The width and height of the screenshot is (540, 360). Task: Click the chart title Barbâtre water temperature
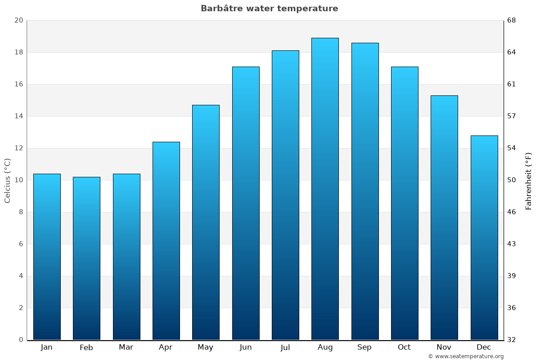[x=269, y=9]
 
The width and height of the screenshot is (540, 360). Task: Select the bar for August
[x=325, y=189]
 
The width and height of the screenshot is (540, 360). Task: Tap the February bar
[x=86, y=258]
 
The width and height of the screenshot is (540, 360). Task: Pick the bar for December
[x=484, y=238]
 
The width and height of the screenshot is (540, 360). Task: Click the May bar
[x=206, y=222]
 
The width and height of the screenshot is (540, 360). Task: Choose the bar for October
[x=405, y=203]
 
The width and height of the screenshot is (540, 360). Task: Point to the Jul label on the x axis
[x=285, y=347]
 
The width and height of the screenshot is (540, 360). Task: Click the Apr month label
[x=166, y=347]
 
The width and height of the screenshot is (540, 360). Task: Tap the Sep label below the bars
[x=364, y=347]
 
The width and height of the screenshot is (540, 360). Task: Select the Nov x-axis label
[x=444, y=347]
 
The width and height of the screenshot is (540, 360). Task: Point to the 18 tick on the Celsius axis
[x=18, y=52]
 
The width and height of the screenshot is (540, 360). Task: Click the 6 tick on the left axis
[x=21, y=244]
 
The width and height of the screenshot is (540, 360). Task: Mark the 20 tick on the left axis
[x=18, y=20]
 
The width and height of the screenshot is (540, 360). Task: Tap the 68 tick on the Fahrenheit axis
[x=512, y=20]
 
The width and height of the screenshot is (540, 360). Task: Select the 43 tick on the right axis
[x=512, y=244]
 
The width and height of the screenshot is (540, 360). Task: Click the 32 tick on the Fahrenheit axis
[x=512, y=340]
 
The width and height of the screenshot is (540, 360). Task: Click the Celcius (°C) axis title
[x=7, y=180]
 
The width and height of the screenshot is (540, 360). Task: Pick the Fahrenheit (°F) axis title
[x=529, y=180]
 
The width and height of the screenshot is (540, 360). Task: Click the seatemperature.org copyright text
[x=466, y=356]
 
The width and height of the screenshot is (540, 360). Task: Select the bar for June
[x=246, y=203]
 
